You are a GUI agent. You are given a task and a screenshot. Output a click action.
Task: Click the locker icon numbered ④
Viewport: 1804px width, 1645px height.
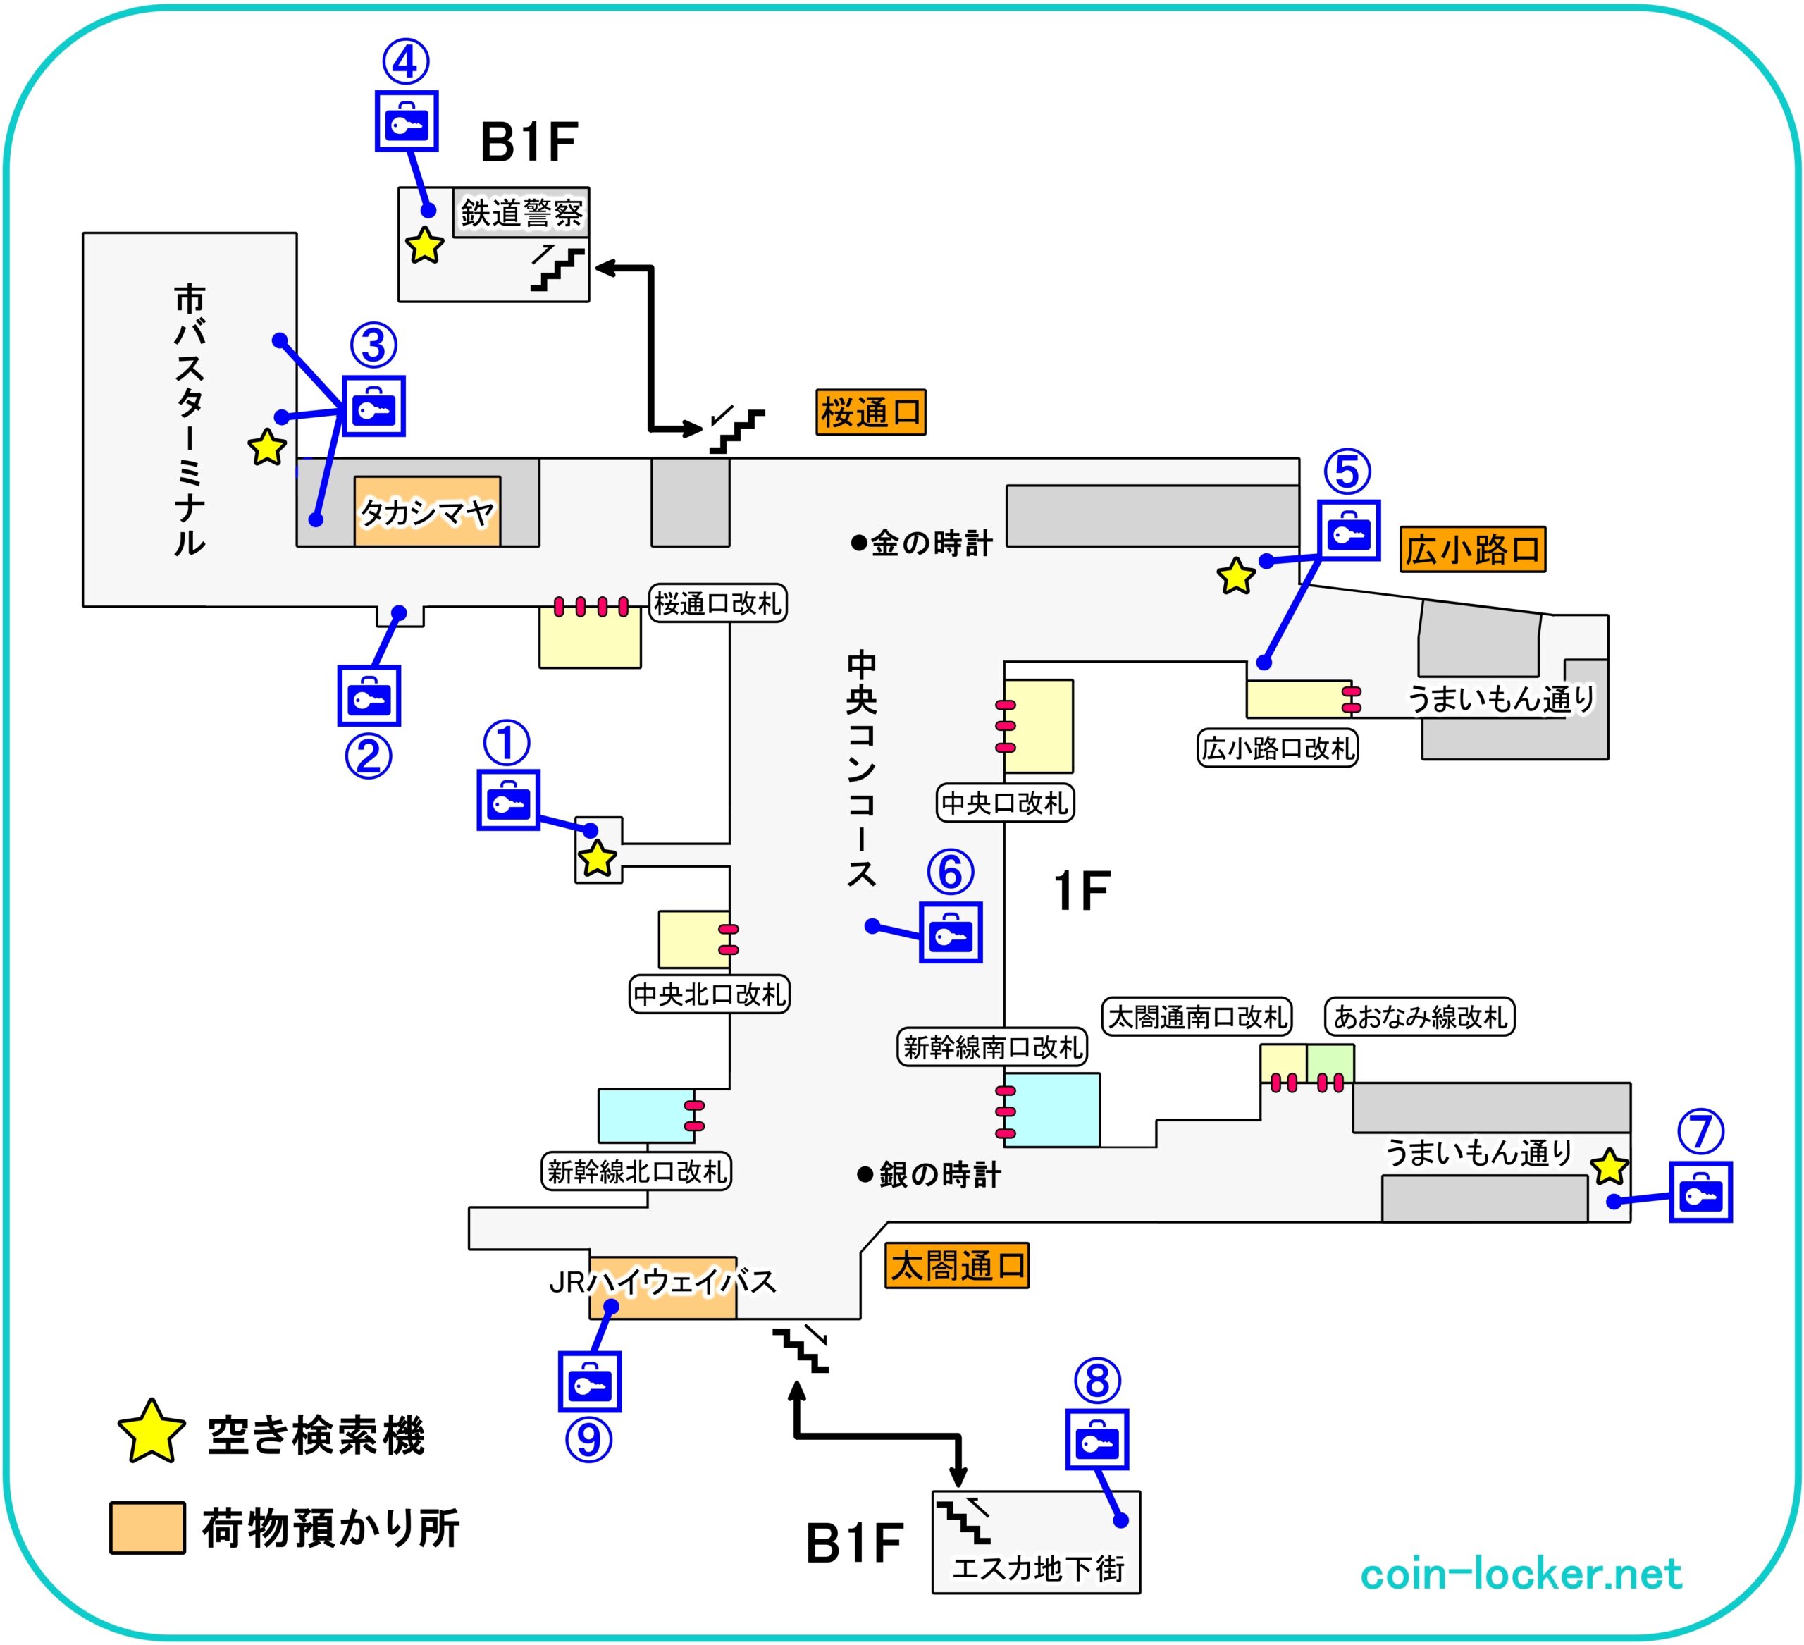[x=407, y=121]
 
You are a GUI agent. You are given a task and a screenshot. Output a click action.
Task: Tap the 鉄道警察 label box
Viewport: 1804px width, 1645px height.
[x=521, y=213]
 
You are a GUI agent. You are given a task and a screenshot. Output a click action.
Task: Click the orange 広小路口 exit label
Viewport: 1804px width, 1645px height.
[x=1472, y=550]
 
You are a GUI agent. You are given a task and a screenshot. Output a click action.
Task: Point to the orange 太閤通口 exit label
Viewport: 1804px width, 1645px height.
[x=956, y=1266]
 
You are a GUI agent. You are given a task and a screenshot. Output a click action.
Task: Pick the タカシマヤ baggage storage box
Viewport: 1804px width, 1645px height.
[x=427, y=512]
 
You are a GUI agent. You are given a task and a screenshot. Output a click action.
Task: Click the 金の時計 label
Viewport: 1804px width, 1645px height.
[x=922, y=543]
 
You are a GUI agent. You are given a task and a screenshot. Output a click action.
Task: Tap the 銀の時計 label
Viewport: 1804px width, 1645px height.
[x=931, y=1174]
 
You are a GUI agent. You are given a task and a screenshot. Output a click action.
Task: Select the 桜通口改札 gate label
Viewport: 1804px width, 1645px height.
[x=717, y=604]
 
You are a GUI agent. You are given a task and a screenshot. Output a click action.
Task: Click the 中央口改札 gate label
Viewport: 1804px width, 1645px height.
[x=1005, y=803]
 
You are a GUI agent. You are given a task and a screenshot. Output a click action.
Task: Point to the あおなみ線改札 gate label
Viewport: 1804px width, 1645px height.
[x=1419, y=1017]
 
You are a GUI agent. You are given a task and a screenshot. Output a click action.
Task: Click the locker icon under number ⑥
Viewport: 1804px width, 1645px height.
[x=951, y=932]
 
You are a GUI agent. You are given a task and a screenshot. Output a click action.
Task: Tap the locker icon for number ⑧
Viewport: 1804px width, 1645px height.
[x=1096, y=1440]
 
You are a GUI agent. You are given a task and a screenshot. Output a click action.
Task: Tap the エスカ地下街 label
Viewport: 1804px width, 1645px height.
[x=1038, y=1568]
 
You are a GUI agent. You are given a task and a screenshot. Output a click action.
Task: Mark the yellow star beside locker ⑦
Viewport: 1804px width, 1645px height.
[x=1609, y=1166]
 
